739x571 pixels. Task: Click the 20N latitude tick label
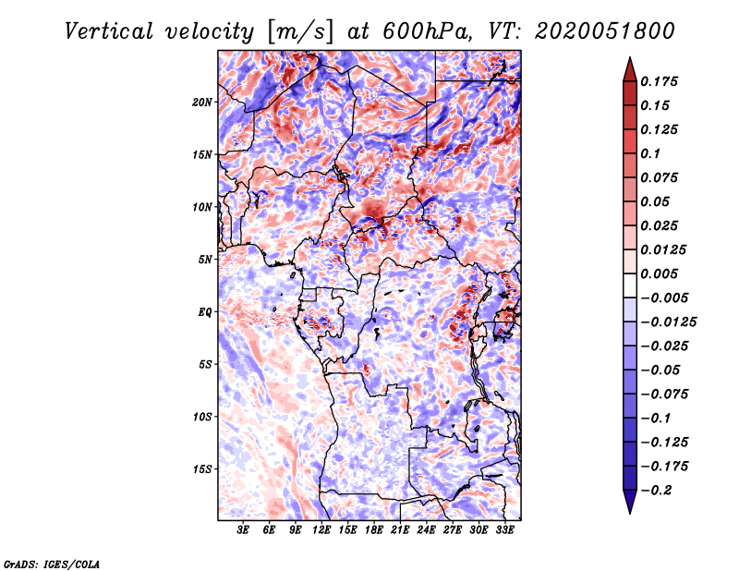[x=202, y=102]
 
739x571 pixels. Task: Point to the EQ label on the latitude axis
[x=204, y=312]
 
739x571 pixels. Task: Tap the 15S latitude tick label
[x=202, y=469]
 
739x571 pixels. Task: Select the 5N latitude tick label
[x=204, y=260]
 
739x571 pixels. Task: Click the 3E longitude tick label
[x=243, y=530]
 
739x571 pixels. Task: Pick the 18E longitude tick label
[x=374, y=530]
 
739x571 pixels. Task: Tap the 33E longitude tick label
[x=504, y=530]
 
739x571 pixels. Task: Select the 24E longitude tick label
[x=426, y=530]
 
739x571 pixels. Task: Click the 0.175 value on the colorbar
[x=659, y=81]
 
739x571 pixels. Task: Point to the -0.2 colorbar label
[x=657, y=491]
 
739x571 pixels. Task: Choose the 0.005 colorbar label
[x=659, y=273]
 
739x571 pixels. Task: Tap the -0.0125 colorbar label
[x=668, y=322]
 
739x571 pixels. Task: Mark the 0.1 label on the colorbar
[x=650, y=153]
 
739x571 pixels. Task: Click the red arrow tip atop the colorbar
[x=630, y=57]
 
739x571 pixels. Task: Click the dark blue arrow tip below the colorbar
[x=630, y=513]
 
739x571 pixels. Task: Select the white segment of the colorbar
[x=630, y=285]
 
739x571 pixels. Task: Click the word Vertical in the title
[x=109, y=31]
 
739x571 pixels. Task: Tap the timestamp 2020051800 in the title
[x=604, y=31]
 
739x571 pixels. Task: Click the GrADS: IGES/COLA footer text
[x=52, y=564]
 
